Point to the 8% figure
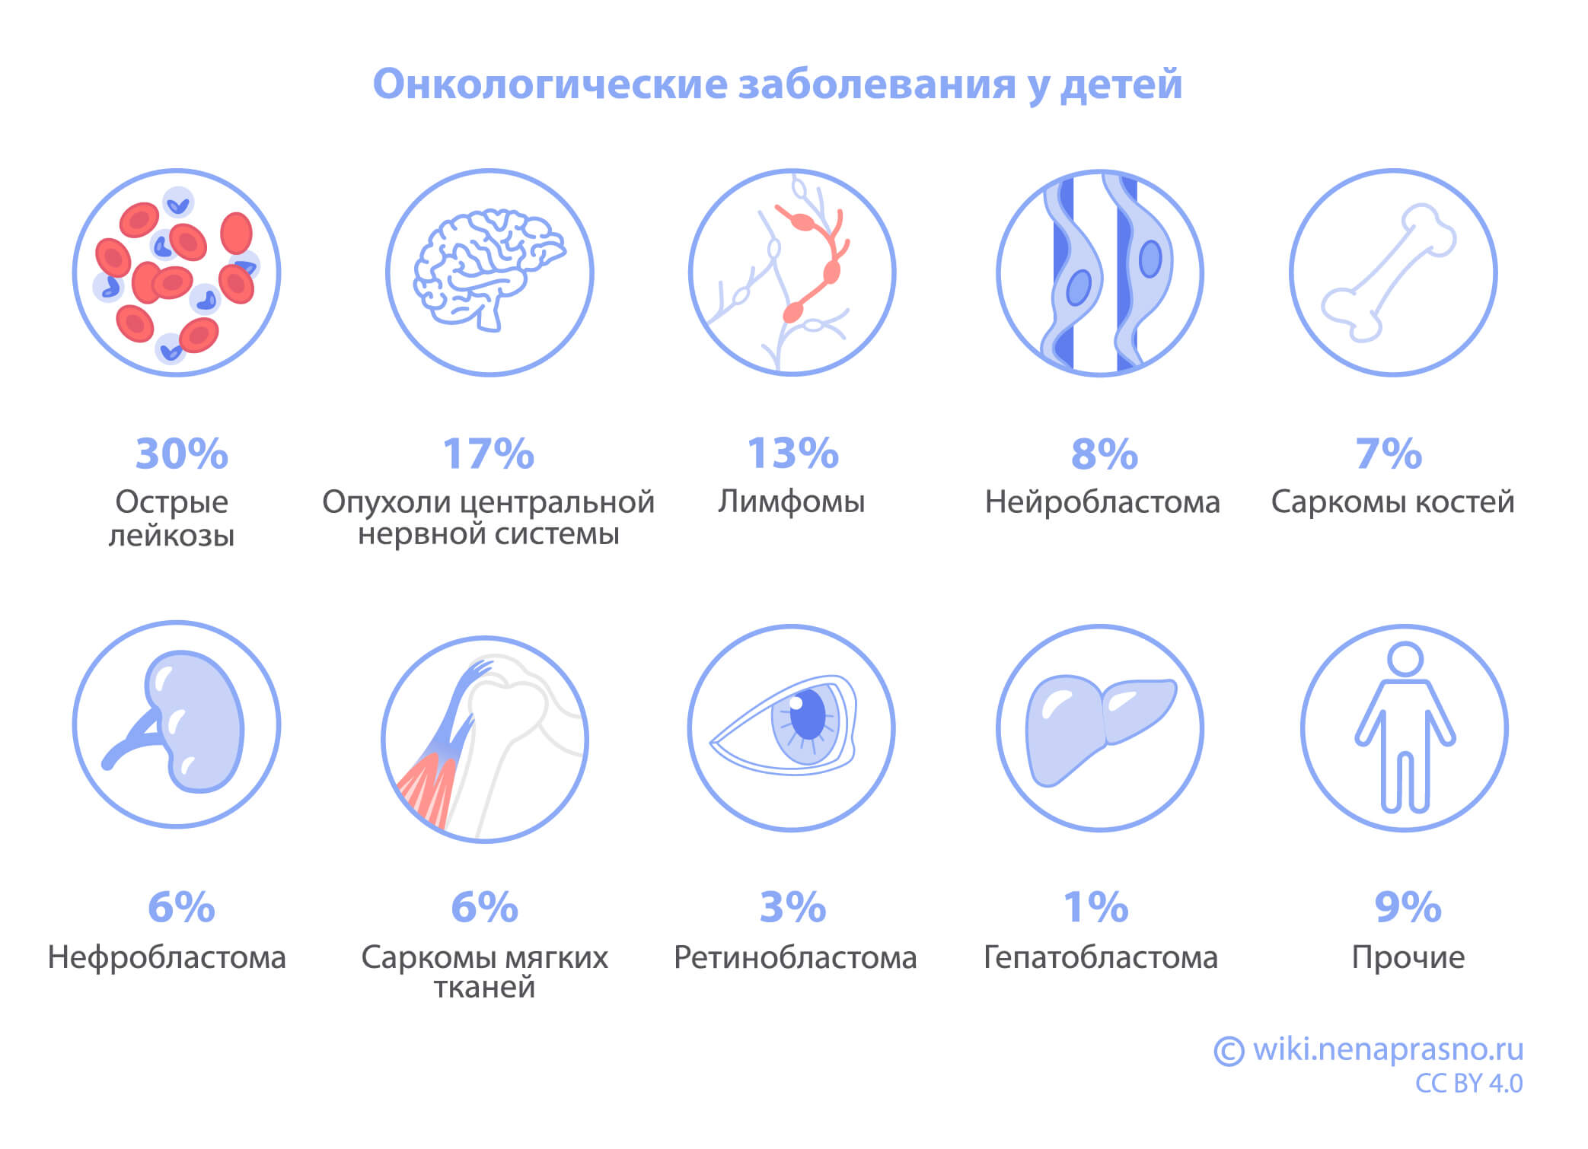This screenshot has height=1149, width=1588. point(1104,454)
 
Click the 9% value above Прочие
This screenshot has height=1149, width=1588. point(1408,907)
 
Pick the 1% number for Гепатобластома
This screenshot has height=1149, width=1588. point(1095,907)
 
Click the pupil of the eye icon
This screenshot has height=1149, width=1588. point(808,713)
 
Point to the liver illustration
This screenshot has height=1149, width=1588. point(1096,727)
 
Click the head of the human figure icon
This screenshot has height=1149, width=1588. point(1405,659)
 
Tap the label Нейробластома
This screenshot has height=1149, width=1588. point(1102,502)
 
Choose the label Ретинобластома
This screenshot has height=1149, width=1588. point(795,957)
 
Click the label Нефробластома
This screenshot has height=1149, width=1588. point(167,957)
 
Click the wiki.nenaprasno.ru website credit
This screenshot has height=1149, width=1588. point(1388,1049)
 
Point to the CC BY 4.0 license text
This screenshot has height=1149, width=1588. point(1468,1084)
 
